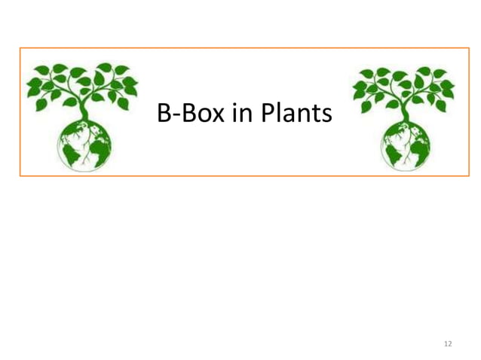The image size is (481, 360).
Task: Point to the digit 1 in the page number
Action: click(x=446, y=343)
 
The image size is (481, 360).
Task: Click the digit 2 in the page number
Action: click(x=450, y=343)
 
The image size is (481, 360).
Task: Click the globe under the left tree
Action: click(x=85, y=144)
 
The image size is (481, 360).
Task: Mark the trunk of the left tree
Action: click(x=85, y=111)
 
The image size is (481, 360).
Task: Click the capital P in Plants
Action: click(x=268, y=114)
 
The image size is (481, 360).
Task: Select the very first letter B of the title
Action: click(x=163, y=114)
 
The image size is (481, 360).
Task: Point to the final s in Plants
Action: click(x=326, y=116)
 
